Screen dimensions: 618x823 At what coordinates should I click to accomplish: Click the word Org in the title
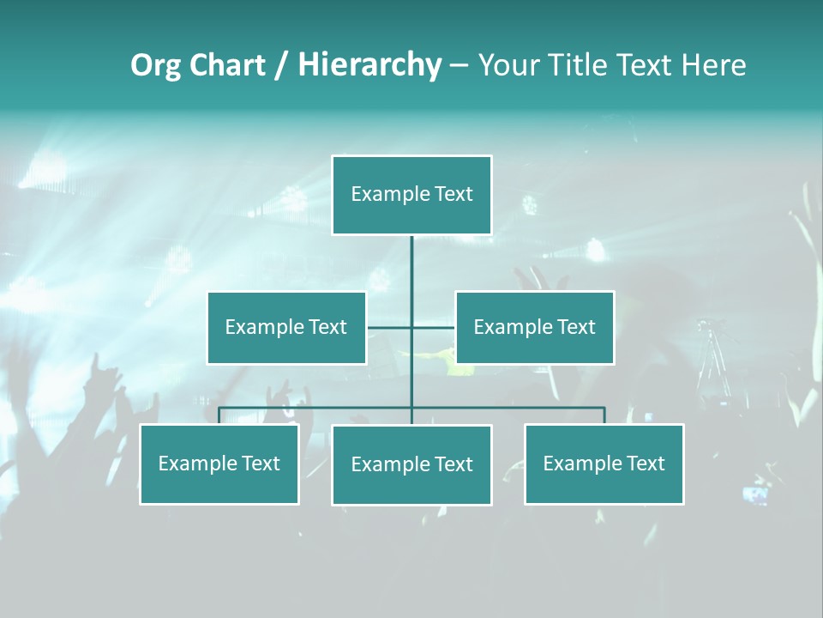pos(155,65)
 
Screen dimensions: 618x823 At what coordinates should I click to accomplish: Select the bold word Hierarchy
pos(369,65)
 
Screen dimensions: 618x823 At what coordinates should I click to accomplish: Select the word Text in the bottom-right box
pos(645,463)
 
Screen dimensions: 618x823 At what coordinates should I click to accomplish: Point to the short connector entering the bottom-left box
pos(219,416)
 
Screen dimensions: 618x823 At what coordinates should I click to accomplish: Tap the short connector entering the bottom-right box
pos(604,416)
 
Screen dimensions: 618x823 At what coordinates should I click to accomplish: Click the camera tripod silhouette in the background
pos(711,360)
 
